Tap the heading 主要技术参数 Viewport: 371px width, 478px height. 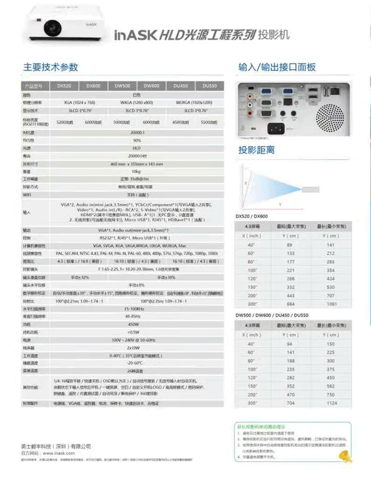51,67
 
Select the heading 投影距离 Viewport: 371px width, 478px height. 256,150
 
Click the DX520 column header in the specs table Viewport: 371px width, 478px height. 64,85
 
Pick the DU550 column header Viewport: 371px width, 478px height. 209,85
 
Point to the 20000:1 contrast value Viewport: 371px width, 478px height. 137,133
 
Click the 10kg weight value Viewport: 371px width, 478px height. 137,171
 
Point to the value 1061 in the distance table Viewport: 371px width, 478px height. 330,304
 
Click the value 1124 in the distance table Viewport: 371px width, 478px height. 330,403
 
